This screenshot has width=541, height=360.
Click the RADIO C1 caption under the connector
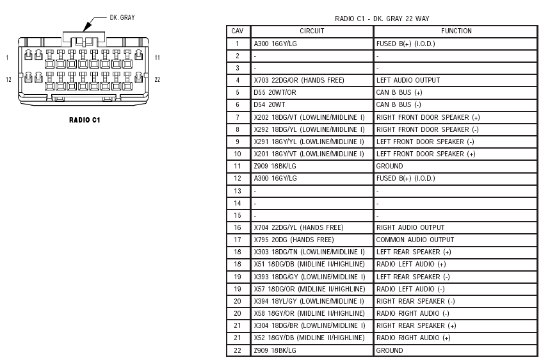click(x=85, y=120)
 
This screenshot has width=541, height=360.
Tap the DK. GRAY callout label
click(x=122, y=17)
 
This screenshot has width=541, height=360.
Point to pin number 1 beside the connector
click(x=7, y=58)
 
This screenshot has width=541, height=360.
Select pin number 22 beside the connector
click(x=157, y=79)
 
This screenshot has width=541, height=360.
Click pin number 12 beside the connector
click(x=8, y=79)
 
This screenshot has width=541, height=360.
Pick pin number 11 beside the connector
click(x=157, y=58)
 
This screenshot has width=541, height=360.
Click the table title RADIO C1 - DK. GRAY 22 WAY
click(x=382, y=19)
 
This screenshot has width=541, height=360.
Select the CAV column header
click(x=238, y=31)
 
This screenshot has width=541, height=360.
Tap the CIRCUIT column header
click(x=312, y=31)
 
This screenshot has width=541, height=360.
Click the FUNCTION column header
click(x=456, y=31)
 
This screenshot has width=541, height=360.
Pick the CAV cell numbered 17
click(x=238, y=240)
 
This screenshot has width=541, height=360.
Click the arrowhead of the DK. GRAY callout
click(x=86, y=28)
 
